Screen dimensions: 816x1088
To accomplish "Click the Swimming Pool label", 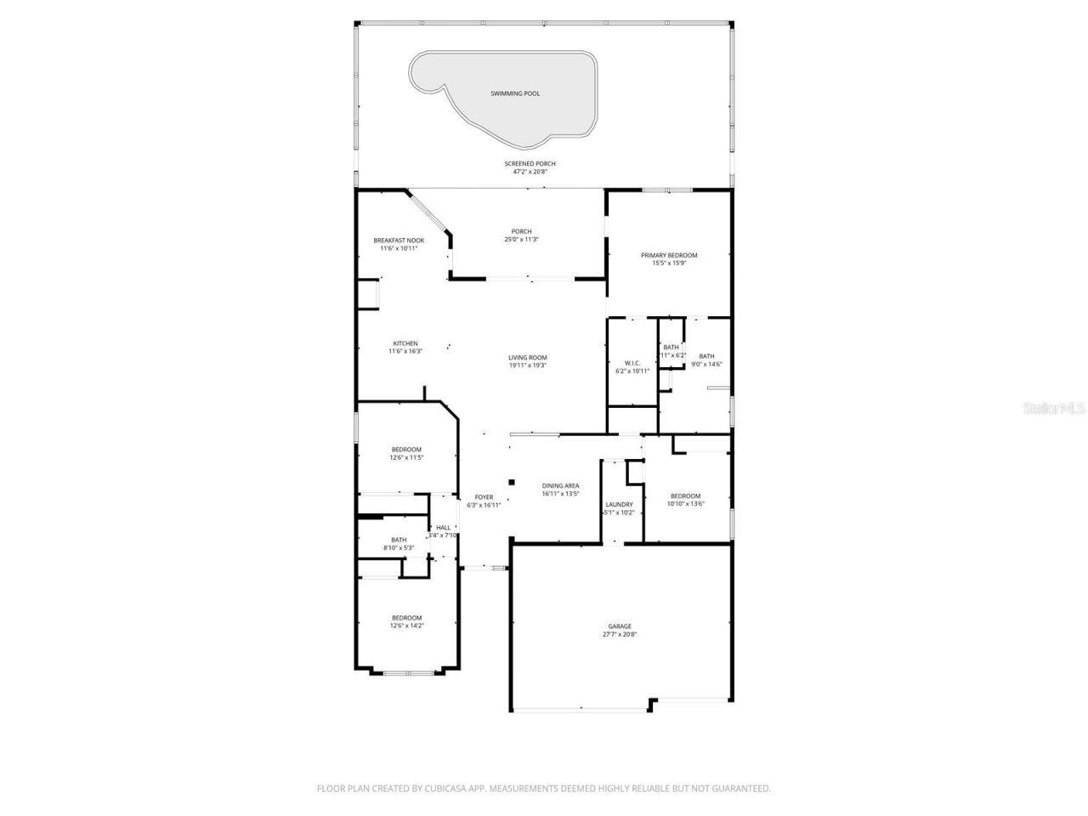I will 515,93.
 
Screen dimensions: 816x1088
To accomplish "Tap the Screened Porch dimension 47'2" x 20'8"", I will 530,172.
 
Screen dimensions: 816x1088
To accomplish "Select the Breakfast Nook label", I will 399,241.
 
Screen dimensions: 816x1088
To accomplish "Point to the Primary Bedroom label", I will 669,255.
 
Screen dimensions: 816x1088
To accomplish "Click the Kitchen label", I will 405,343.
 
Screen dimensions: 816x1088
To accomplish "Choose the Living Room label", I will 528,358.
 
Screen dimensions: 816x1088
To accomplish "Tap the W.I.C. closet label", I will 632,363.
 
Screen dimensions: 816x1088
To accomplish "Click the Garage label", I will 620,626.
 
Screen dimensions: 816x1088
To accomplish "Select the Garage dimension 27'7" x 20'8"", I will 620,634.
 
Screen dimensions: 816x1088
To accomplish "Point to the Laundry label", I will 619,504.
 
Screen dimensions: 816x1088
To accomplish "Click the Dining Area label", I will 561,486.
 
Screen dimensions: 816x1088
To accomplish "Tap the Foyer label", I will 484,497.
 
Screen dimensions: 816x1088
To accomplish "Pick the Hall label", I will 444,528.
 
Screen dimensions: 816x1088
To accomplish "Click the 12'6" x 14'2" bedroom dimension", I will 406,626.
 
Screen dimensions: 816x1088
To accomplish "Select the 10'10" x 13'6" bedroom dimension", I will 686,503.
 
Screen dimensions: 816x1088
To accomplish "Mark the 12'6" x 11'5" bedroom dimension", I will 406,457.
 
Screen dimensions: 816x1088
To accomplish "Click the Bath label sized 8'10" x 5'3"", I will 399,540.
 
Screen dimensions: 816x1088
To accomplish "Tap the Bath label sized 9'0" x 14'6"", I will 706,356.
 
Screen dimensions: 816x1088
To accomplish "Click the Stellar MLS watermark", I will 1054,409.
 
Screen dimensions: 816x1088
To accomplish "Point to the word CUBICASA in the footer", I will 449,789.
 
